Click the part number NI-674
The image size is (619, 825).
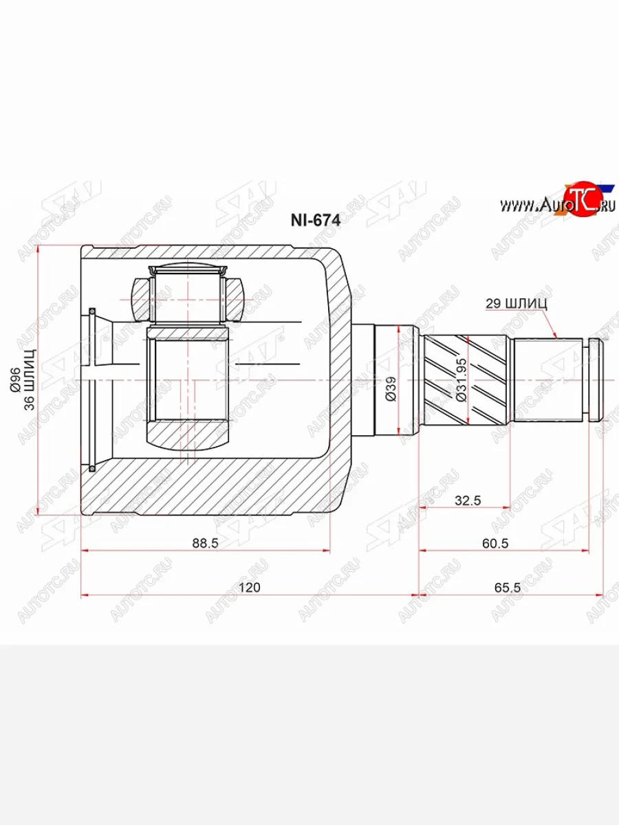click(x=316, y=220)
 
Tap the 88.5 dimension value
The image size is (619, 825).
click(x=205, y=543)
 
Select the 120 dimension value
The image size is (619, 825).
click(x=250, y=587)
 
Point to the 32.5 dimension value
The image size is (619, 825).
click(x=468, y=500)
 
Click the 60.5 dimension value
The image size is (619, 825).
click(x=495, y=543)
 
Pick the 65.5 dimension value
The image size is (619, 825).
click(x=508, y=587)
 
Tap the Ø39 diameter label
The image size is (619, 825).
click(x=391, y=389)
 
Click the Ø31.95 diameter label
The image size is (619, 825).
click(x=461, y=379)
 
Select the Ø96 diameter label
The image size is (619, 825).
click(x=16, y=380)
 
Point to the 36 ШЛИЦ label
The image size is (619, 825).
click(x=30, y=379)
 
